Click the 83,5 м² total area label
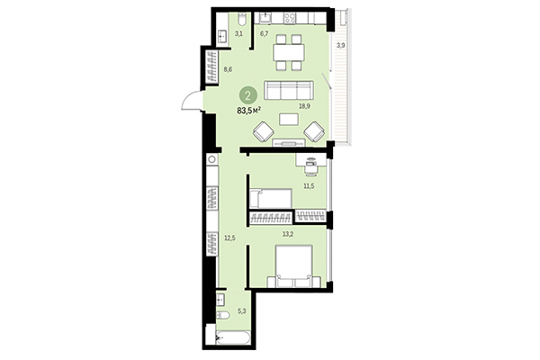[249, 111]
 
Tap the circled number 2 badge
[247, 94]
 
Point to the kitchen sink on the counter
[265, 17]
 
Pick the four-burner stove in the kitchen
[292, 17]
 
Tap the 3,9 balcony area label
[339, 45]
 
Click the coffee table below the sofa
[288, 118]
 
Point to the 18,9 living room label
[304, 106]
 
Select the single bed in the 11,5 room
[270, 199]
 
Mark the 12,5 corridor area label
[229, 238]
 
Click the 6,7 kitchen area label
[265, 33]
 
